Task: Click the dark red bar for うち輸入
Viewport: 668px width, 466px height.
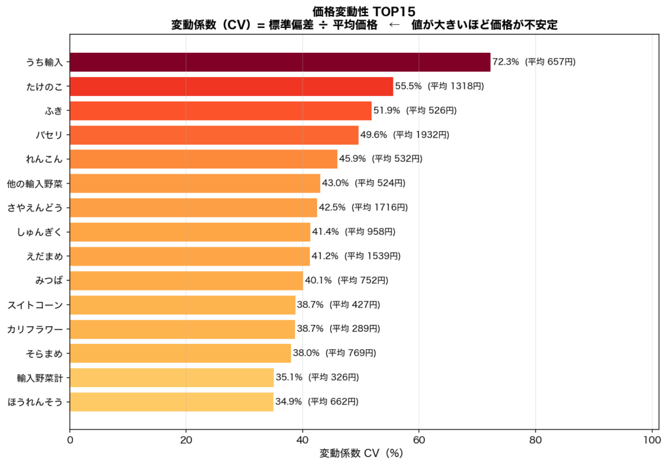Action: [x=280, y=62]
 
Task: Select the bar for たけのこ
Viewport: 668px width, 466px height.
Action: [x=231, y=86]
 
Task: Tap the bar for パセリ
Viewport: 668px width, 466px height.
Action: [x=214, y=135]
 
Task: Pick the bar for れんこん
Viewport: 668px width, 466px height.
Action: [x=204, y=159]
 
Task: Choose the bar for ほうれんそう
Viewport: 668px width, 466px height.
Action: [x=172, y=401]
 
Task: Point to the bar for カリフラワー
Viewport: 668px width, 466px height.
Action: [x=183, y=329]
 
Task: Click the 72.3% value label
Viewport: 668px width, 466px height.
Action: [x=506, y=62]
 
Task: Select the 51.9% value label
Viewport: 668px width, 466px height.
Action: [x=386, y=111]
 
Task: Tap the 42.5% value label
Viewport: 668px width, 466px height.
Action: [x=332, y=208]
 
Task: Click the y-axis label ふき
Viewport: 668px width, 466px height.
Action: [x=53, y=111]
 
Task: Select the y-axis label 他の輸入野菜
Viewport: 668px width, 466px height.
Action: [x=35, y=183]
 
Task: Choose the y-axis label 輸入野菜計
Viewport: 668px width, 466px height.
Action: [x=40, y=377]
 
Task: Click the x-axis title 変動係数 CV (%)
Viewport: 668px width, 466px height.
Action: [x=361, y=453]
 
